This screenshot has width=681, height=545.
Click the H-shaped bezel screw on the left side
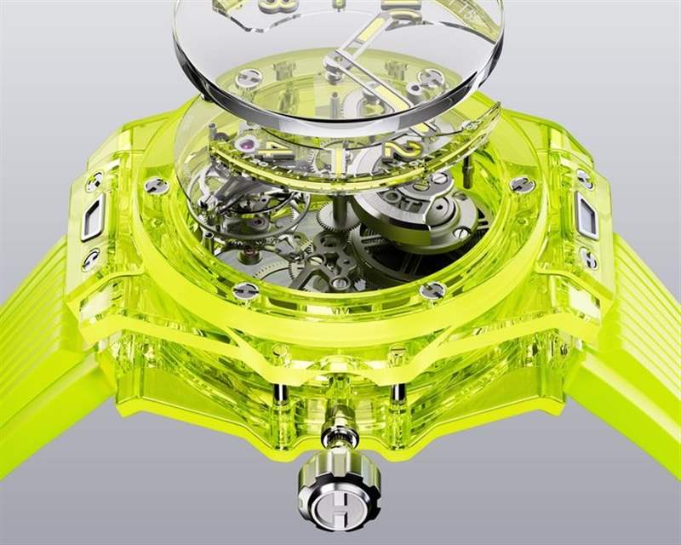point(155,186)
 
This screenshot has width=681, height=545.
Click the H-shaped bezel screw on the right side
point(521,184)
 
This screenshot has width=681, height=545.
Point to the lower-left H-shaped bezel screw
point(244,291)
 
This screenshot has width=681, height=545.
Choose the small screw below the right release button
point(588,255)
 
